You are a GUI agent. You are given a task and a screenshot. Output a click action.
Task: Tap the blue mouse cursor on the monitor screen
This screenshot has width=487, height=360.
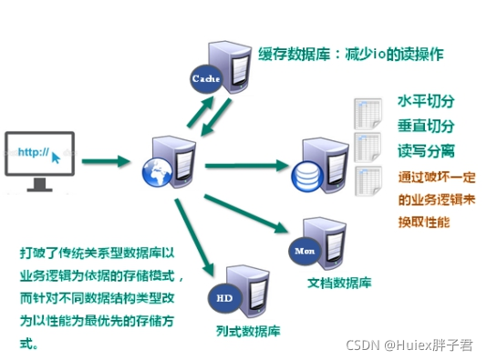pyautogui.click(x=57, y=159)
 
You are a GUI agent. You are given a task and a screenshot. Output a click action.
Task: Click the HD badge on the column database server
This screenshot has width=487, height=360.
pyautogui.click(x=223, y=297)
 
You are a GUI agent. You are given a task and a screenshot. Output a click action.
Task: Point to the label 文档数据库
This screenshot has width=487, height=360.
pyautogui.click(x=339, y=283)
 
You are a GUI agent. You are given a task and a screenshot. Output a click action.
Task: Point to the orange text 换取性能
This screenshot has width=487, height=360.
pyautogui.click(x=424, y=221)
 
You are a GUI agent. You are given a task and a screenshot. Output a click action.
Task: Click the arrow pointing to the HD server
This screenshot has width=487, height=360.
pyautogui.click(x=194, y=235)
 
